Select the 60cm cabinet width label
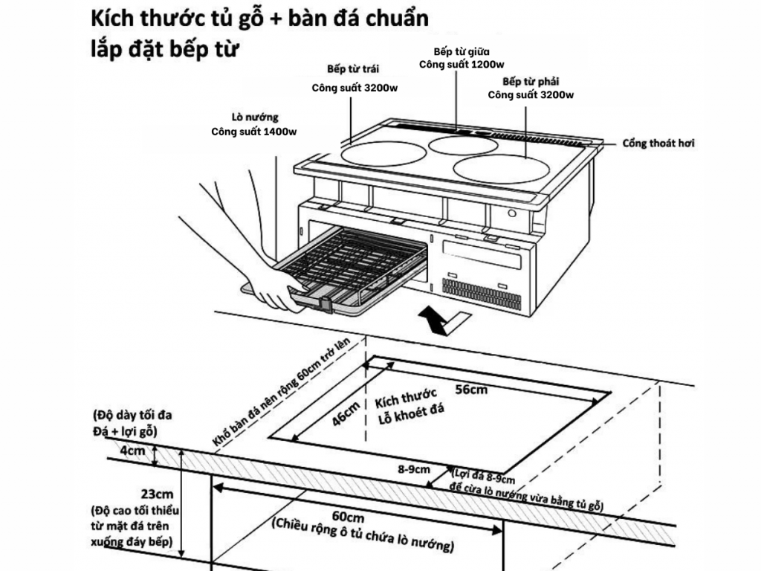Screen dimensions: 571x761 point(349,517)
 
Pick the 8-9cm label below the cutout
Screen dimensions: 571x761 point(414,469)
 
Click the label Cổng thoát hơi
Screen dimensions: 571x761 point(658,143)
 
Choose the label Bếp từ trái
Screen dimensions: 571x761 point(353,69)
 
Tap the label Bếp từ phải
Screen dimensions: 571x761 point(531,81)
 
